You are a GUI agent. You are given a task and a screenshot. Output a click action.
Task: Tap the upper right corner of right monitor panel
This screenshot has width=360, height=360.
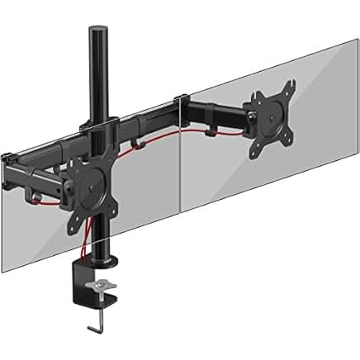(x=357, y=41)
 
